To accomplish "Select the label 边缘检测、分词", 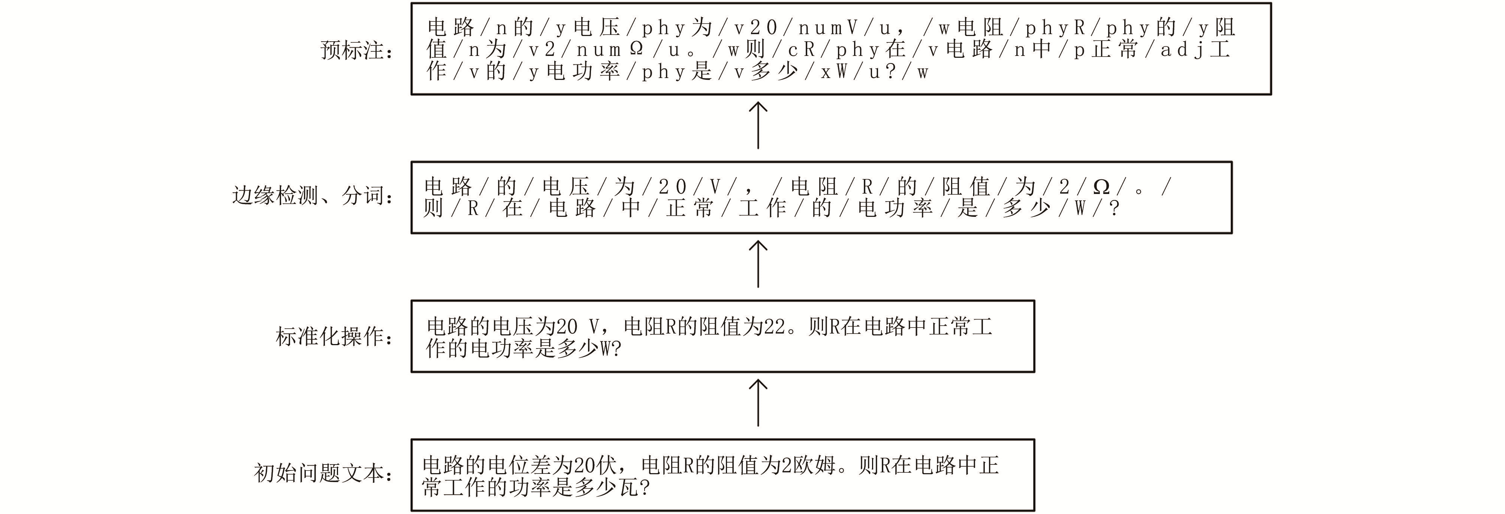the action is pyautogui.click(x=313, y=195).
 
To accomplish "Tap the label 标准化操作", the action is pyautogui.click(x=335, y=337).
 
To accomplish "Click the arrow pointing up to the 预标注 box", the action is pyautogui.click(x=758, y=125).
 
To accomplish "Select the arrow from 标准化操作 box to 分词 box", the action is pyautogui.click(x=758, y=264).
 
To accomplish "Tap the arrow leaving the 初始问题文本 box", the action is pyautogui.click(x=758, y=402).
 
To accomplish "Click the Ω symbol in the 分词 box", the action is pyautogui.click(x=1101, y=187).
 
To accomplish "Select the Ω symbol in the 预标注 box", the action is pyautogui.click(x=636, y=50).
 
